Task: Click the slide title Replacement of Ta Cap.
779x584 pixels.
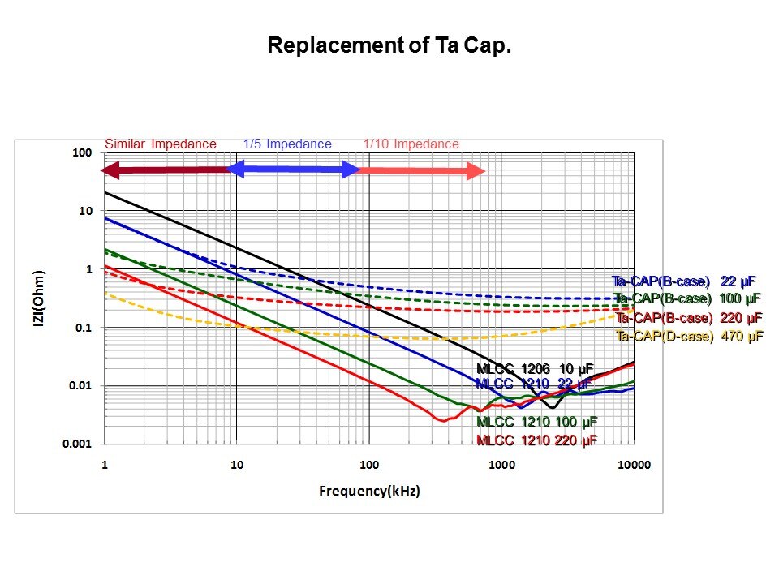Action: [389, 45]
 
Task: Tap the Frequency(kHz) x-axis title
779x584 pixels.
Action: [370, 491]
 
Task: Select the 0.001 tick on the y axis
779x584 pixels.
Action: [81, 444]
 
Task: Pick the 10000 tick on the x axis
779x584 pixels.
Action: [634, 465]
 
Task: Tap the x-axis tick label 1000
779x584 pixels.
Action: [501, 465]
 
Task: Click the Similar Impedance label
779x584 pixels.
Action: [161, 144]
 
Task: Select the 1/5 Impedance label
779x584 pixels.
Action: [287, 144]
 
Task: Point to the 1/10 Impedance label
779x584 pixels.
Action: [411, 144]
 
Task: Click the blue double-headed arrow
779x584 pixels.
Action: [293, 170]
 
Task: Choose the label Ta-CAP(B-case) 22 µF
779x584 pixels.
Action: [685, 281]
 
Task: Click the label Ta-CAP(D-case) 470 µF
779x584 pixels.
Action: [689, 336]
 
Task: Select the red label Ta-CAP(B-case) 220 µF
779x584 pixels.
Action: [689, 317]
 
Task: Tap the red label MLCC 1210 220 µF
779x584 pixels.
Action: [536, 440]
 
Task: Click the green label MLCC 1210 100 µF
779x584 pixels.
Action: [536, 422]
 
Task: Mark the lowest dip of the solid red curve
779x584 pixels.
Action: [442, 420]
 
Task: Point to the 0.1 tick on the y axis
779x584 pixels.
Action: [86, 328]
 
